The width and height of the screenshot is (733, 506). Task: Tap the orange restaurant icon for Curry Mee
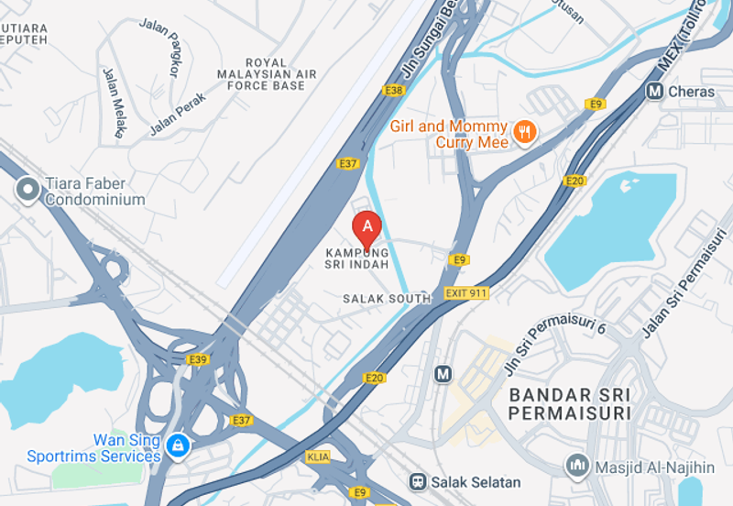[525, 132]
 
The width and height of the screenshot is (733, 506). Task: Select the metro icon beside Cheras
[654, 91]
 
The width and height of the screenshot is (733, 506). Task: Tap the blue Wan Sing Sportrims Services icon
[178, 446]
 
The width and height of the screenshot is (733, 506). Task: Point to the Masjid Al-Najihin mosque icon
[576, 466]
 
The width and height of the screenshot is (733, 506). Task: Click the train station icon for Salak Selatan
[418, 481]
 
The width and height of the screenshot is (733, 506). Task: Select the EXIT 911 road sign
[466, 293]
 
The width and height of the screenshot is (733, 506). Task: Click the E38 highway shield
[394, 90]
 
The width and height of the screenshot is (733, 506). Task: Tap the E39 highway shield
[198, 359]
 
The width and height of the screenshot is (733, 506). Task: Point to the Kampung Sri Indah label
[356, 258]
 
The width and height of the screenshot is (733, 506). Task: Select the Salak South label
[386, 299]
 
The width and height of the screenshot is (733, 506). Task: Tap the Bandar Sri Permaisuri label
[570, 404]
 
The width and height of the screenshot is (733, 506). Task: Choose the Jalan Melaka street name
[113, 102]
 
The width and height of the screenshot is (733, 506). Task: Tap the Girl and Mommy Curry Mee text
[448, 134]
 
